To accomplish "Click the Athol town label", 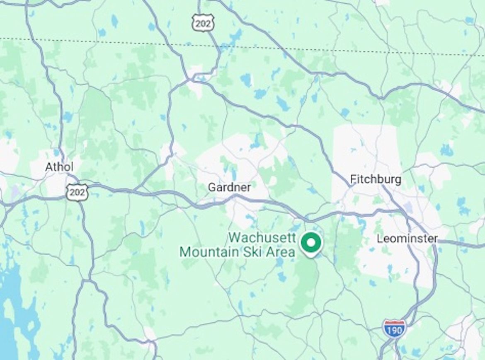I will click(x=59, y=167).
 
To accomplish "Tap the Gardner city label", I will click(x=229, y=188).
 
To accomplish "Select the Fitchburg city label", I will click(x=376, y=179).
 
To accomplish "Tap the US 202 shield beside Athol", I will click(x=77, y=193).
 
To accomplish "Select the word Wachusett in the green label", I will click(x=262, y=238).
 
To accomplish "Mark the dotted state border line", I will click(x=124, y=43).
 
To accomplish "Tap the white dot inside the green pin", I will click(x=311, y=242).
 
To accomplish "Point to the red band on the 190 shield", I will click(x=394, y=322).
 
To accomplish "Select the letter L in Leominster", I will click(x=379, y=239).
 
